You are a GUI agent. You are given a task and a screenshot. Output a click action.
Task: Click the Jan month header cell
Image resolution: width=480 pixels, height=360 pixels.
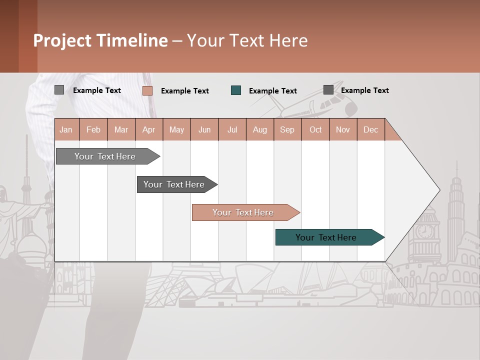coord(66,129)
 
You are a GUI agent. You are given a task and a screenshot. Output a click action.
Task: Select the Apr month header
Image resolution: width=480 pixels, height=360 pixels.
coord(149,129)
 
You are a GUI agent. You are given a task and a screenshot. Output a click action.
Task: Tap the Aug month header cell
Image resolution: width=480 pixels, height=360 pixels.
coord(260,129)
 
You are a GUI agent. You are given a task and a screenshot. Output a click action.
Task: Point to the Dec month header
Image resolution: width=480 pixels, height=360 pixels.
coord(370,129)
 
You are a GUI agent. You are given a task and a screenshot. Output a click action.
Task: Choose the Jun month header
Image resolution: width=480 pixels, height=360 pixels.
coord(204,129)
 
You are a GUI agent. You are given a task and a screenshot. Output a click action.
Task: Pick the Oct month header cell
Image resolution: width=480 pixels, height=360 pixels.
coord(315,129)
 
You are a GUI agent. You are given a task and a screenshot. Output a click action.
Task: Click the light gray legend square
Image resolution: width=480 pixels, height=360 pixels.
coord(59,90)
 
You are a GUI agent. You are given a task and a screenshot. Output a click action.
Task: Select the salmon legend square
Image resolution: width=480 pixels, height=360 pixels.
coord(147,90)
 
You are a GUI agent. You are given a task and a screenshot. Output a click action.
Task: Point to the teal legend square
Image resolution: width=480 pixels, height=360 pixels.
coord(236,90)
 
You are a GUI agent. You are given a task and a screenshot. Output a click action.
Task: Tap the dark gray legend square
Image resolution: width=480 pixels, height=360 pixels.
coord(328,90)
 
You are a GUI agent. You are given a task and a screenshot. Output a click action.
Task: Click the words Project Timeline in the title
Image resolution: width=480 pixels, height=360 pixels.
coord(100,40)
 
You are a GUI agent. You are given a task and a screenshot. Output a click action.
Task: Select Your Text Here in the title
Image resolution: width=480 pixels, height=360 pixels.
coord(247,40)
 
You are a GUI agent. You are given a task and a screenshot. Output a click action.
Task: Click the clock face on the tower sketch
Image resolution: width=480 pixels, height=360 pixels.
coord(425,231)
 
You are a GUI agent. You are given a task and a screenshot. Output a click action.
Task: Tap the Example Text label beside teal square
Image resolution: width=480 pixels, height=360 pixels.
coord(272,91)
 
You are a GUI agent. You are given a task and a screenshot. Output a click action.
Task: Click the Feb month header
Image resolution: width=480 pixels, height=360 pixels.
coord(93,129)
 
